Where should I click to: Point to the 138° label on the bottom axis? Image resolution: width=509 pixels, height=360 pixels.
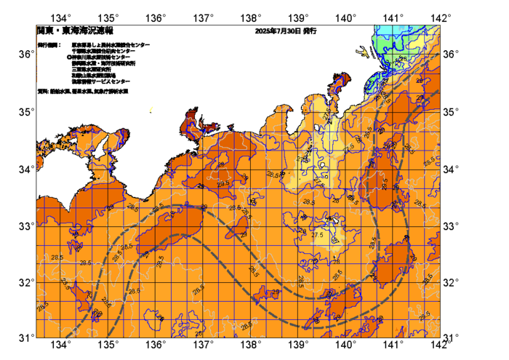[x=251, y=344]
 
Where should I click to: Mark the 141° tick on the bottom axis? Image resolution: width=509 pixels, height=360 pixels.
[x=393, y=344]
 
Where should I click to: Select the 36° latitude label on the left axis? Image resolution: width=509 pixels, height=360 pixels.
[x=25, y=55]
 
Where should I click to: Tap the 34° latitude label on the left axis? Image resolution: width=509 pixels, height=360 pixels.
[x=25, y=169]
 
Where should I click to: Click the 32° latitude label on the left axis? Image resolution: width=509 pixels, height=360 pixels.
[x=25, y=282]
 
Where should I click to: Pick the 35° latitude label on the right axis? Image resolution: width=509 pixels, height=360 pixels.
[x=452, y=111]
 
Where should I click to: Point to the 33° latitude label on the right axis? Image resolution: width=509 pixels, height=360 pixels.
[x=452, y=225]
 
